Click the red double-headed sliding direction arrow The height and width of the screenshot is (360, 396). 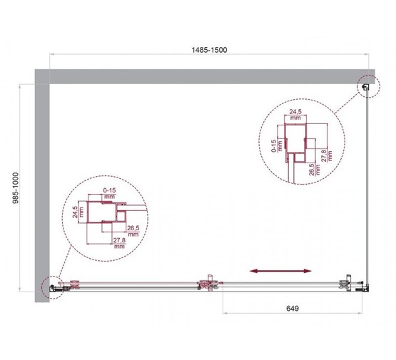[x=280, y=271]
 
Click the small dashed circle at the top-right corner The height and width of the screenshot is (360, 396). [x=367, y=87]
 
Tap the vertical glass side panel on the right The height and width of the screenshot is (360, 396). [x=368, y=185]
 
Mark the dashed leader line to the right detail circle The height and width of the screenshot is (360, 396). [x=346, y=103]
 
